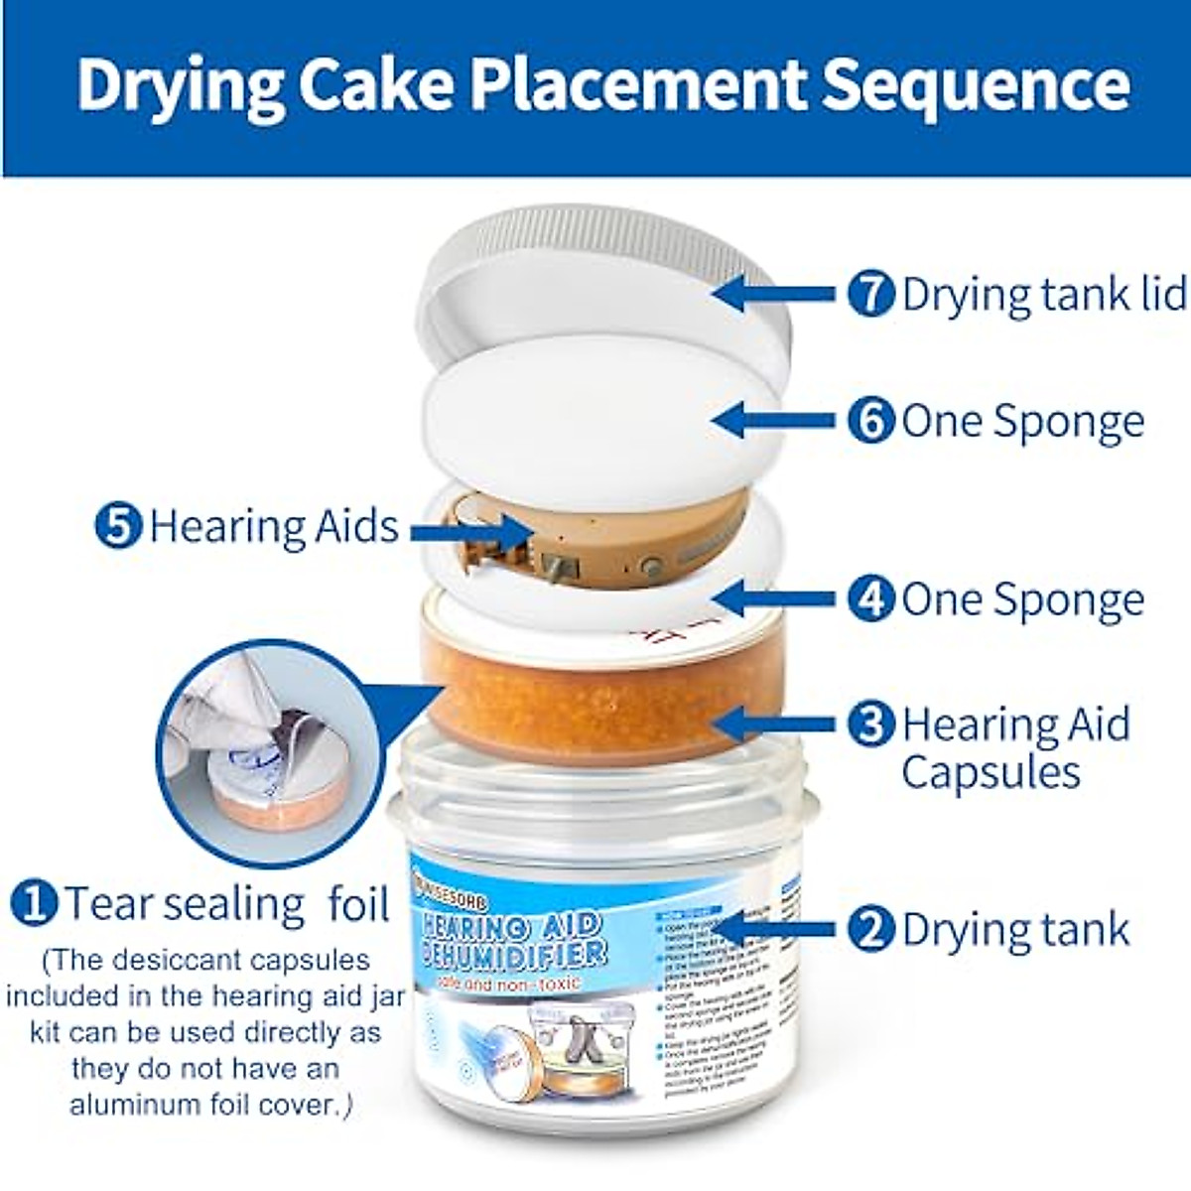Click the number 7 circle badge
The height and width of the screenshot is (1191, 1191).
[x=871, y=295]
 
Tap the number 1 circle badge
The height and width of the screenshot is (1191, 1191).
[x=34, y=903]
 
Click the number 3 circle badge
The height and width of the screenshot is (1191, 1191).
[x=871, y=724]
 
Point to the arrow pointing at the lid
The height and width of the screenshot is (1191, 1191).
[x=774, y=294]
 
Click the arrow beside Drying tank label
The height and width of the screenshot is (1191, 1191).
[x=774, y=929]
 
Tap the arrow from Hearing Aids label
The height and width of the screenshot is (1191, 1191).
[x=470, y=533]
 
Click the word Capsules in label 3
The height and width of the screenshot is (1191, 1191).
[x=991, y=773]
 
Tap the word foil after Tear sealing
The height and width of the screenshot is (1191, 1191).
[x=358, y=903]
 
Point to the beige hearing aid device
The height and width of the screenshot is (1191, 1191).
[x=595, y=541]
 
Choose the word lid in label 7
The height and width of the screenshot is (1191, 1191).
[x=1162, y=295]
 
